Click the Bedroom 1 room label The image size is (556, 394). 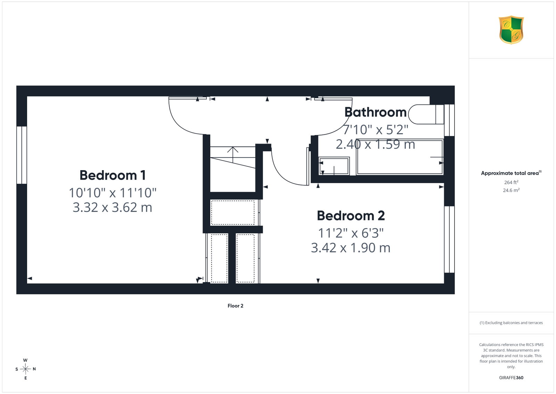[113, 175]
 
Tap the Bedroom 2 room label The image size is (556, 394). [351, 215]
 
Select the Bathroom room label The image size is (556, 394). [375, 112]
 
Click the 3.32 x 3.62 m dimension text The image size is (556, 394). [113, 207]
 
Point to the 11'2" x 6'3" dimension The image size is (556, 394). [351, 233]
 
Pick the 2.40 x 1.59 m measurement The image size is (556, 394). [375, 144]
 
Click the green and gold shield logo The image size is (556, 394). [511, 30]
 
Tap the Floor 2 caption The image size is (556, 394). [235, 306]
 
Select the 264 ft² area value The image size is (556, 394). [511, 182]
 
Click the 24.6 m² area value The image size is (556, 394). [511, 190]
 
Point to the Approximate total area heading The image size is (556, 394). [511, 173]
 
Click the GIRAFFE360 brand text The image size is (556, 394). [511, 378]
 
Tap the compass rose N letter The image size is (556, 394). [34, 369]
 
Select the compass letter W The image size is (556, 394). [25, 360]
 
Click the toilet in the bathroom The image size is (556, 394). [426, 115]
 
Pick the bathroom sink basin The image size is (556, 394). [334, 166]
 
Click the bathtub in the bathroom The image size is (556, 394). [400, 157]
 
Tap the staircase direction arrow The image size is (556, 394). [233, 155]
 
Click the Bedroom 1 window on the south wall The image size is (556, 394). [22, 155]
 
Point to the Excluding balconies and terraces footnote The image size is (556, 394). [511, 323]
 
